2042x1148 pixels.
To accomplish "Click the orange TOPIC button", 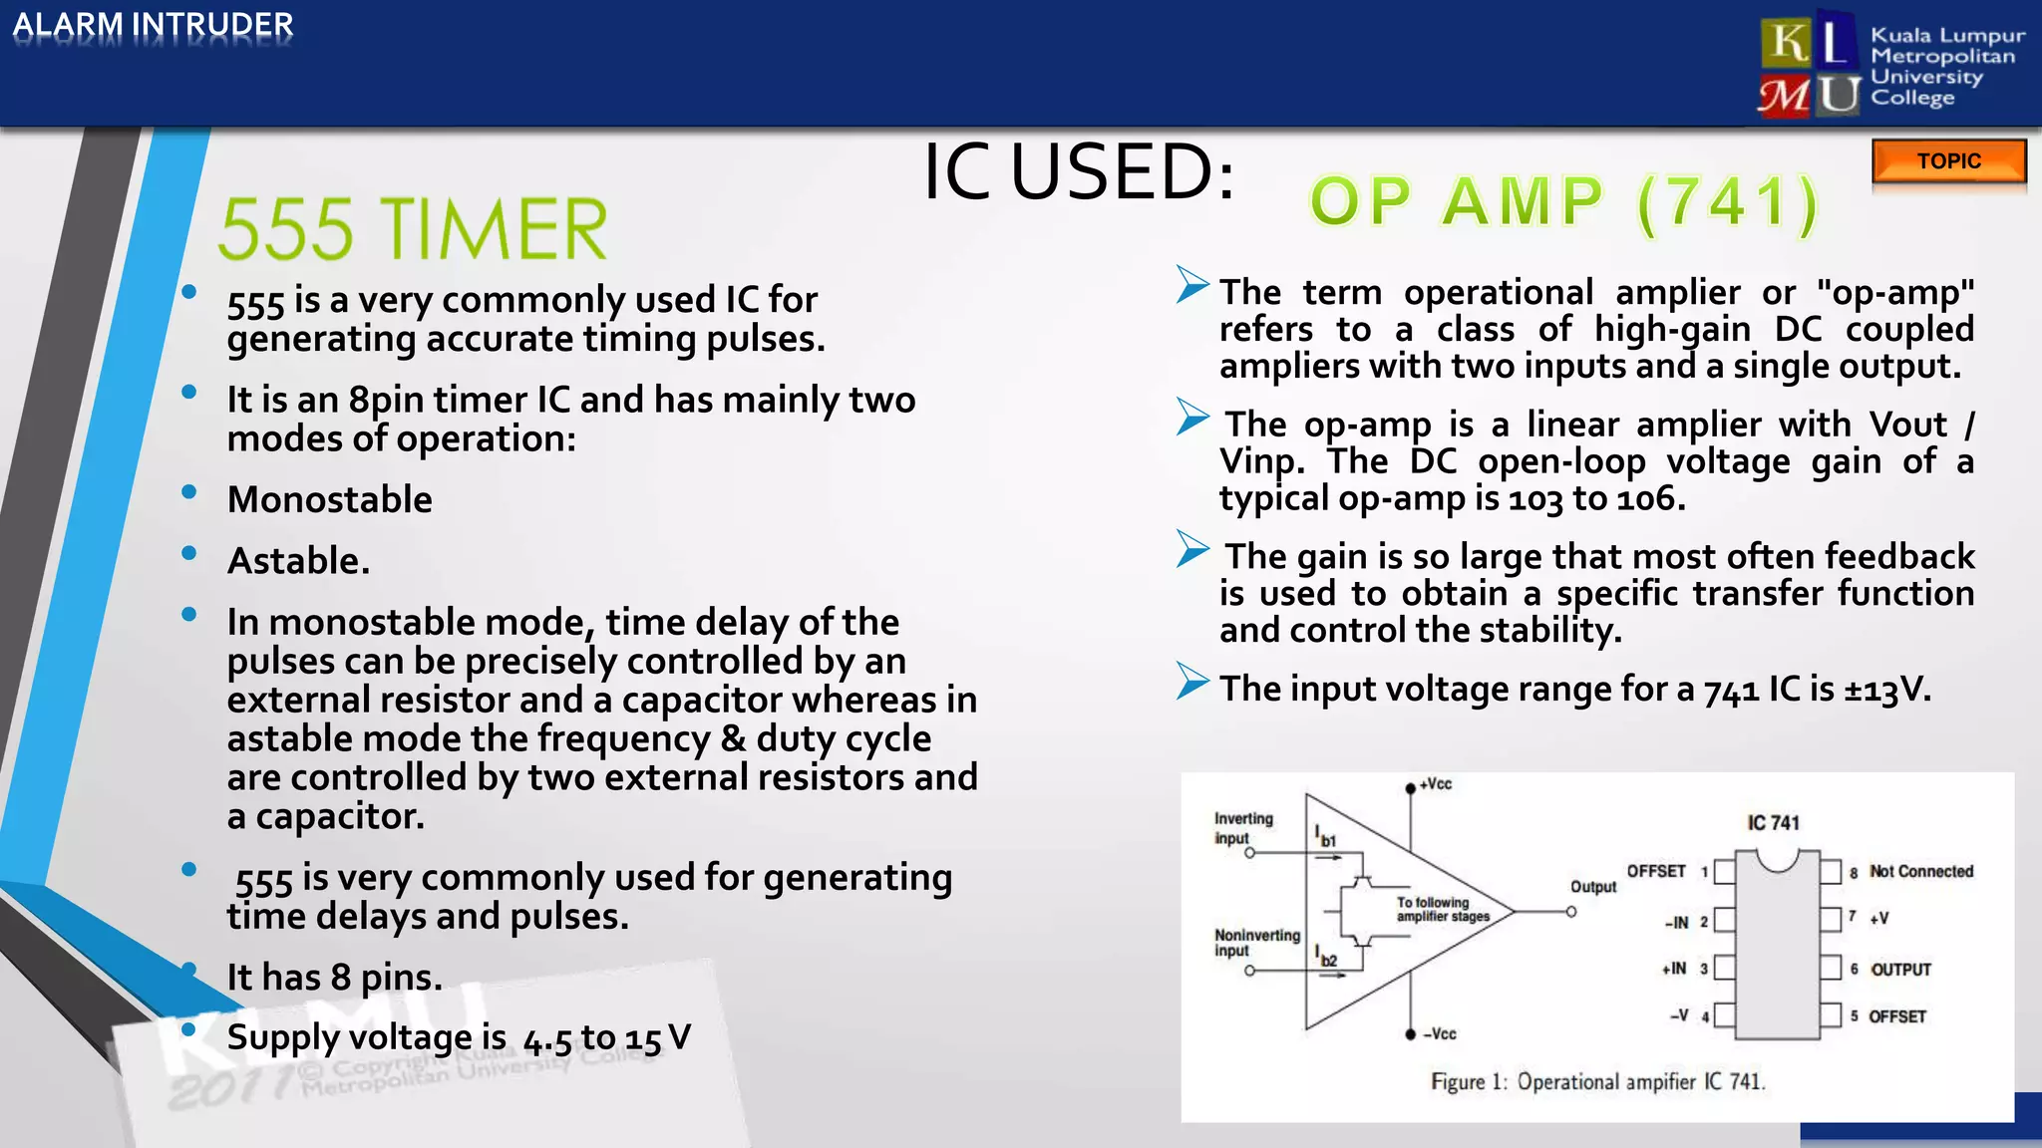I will coord(1948,161).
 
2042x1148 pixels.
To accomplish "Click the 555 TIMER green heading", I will coord(413,229).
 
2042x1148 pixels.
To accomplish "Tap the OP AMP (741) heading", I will coord(1563,202).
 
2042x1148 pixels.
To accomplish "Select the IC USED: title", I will coord(1079,171).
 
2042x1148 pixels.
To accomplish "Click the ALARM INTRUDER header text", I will coord(153,25).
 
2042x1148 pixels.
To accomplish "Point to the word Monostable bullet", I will coord(330,499).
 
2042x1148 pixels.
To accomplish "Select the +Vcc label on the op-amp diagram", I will coord(1436,784).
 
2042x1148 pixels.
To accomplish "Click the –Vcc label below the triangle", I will coord(1440,1034).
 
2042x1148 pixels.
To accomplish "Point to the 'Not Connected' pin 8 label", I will coord(1921,871).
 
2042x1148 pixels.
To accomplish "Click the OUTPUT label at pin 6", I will coord(1900,970).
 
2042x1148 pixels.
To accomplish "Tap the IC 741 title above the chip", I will coord(1773,823).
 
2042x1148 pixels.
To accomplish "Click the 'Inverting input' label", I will coord(1242,828).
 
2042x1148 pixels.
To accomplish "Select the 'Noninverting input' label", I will coord(1256,943).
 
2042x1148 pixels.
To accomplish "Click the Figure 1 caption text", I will coord(1597,1082).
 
